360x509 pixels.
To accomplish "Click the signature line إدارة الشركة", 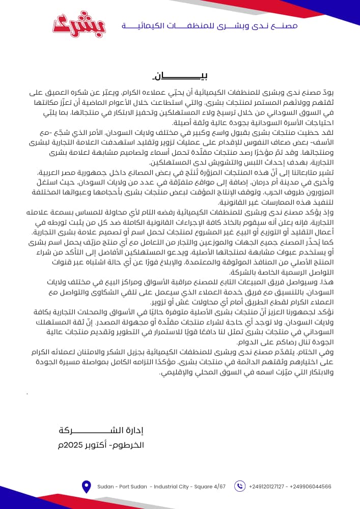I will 102,431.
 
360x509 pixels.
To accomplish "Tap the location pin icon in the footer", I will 86,486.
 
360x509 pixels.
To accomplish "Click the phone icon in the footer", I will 240,486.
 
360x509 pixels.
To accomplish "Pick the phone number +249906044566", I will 311,487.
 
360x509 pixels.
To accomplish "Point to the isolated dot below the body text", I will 27,393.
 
